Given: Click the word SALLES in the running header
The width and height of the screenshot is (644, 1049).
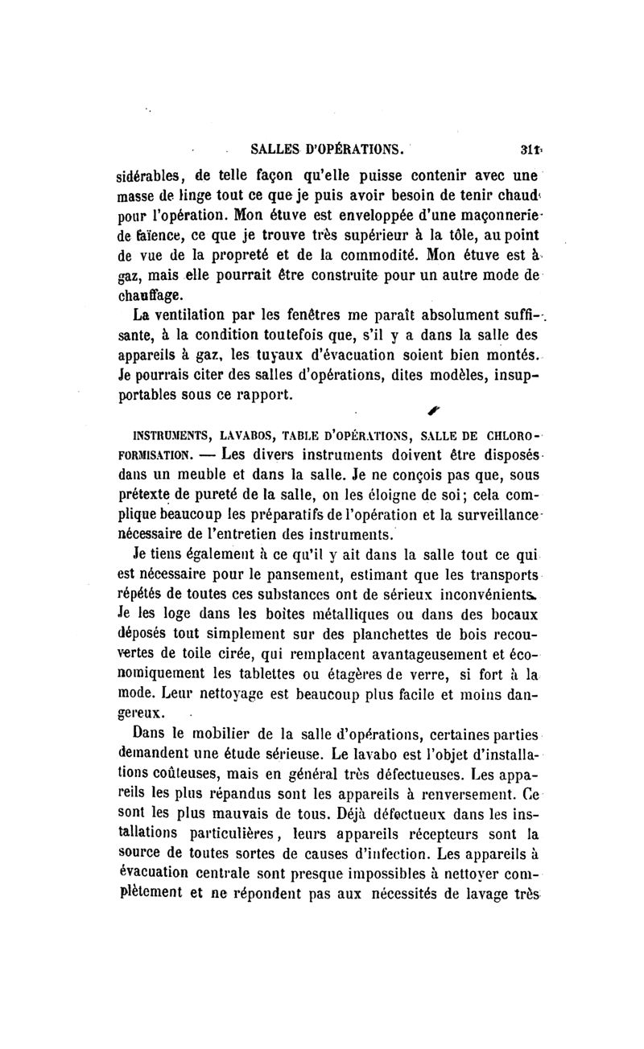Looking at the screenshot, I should [279, 149].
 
